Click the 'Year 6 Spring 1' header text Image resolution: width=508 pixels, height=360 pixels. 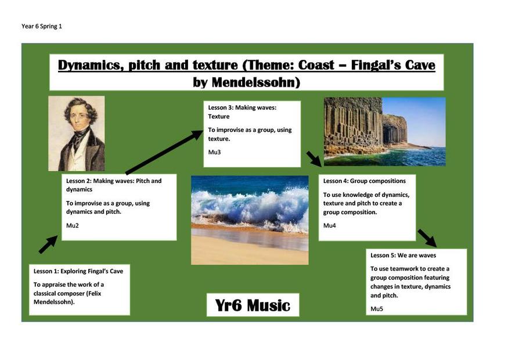coord(41,26)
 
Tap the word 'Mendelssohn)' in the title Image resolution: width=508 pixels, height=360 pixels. coord(256,82)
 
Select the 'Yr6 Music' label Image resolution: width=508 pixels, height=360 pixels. coord(253,305)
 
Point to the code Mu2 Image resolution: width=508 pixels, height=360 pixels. coord(72,225)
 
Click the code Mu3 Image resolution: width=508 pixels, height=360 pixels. coord(214,152)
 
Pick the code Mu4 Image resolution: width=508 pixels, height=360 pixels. coord(330,225)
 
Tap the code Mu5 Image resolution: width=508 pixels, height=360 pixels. coord(377,309)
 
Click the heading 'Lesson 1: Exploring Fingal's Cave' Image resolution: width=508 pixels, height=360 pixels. coord(78,271)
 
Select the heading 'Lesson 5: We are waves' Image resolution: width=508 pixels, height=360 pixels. coord(403,255)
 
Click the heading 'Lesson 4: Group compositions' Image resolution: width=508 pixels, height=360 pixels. coord(365,181)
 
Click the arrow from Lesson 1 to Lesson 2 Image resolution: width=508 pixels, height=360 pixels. coord(48,244)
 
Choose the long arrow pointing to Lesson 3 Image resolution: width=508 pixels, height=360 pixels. coord(164,152)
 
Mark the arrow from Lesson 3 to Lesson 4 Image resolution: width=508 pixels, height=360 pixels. coord(314,159)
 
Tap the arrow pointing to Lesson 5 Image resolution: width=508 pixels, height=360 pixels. coord(427,238)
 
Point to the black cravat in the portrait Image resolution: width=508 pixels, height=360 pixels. coord(78,137)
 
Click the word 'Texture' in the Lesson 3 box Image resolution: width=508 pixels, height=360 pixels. coord(219,117)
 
